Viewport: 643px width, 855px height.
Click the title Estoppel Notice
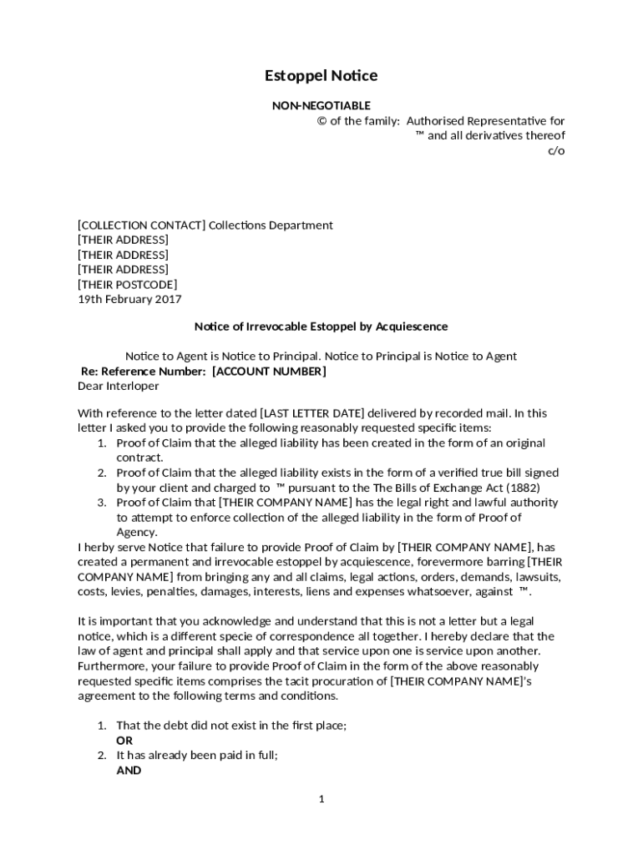pyautogui.click(x=321, y=76)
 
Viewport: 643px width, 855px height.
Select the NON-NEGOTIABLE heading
pyautogui.click(x=321, y=105)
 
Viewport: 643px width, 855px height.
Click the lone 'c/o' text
pyautogui.click(x=556, y=151)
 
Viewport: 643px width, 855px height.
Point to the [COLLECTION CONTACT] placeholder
pyautogui.click(x=141, y=225)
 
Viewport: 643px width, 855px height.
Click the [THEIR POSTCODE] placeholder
pyautogui.click(x=127, y=285)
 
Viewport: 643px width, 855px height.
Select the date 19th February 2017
pyautogui.click(x=129, y=300)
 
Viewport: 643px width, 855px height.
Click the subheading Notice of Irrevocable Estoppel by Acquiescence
pyautogui.click(x=321, y=326)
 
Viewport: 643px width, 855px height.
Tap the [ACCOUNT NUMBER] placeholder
pyautogui.click(x=269, y=372)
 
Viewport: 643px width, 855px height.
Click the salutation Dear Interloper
pyautogui.click(x=118, y=387)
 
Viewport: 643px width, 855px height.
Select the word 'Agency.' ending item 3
pyautogui.click(x=136, y=533)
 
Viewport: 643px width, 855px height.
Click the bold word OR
pyautogui.click(x=124, y=741)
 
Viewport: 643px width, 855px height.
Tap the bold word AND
pyautogui.click(x=129, y=771)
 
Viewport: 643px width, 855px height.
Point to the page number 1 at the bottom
pyautogui.click(x=321, y=799)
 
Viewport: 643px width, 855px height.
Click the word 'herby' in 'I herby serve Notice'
pyautogui.click(x=99, y=548)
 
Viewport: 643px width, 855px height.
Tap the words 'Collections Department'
pyautogui.click(x=271, y=225)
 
